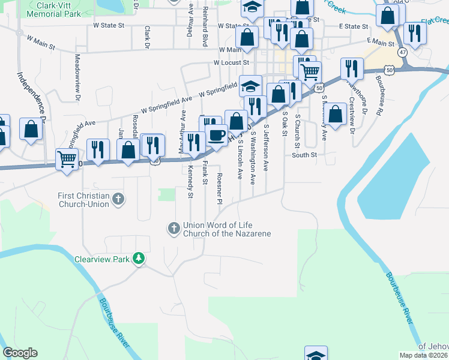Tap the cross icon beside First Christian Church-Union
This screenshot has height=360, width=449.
tap(118, 199)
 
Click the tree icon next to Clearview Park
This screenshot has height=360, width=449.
tap(139, 259)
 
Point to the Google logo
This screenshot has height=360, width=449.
tap(20, 353)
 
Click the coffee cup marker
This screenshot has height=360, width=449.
tap(216, 135)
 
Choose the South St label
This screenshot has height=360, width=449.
tap(304, 154)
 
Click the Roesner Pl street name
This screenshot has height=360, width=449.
tap(219, 188)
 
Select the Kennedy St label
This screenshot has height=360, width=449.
tap(190, 182)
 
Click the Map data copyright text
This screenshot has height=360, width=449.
tap(424, 355)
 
